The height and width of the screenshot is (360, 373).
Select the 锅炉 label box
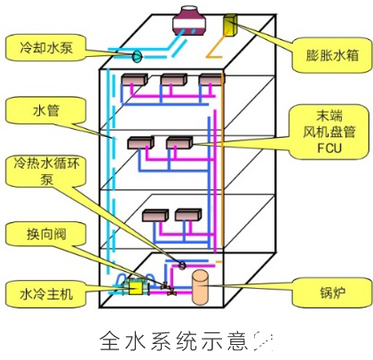(x=319, y=291)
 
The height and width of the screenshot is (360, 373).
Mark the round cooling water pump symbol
(x=138, y=57)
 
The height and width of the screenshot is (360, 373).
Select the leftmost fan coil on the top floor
(x=132, y=83)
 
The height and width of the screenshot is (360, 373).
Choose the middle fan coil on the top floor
(x=171, y=83)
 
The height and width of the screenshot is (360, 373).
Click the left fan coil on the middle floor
(x=139, y=142)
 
